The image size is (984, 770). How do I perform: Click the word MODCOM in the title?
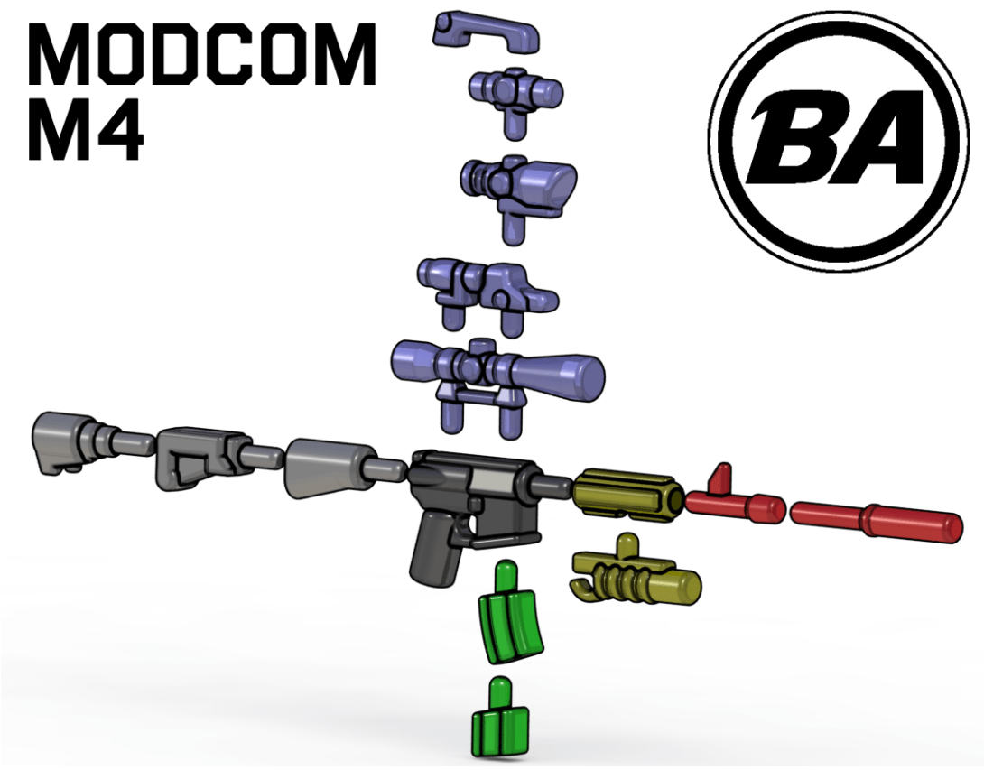pyautogui.click(x=202, y=54)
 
